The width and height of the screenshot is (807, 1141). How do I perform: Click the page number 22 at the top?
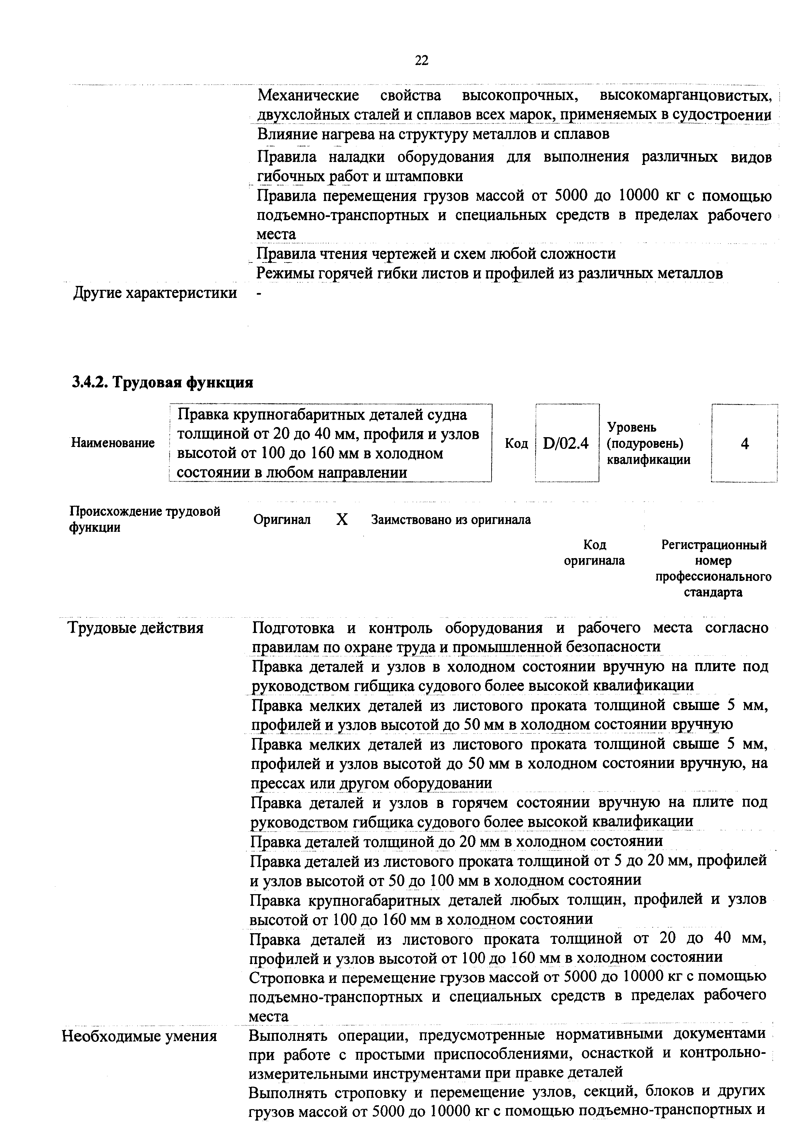421,60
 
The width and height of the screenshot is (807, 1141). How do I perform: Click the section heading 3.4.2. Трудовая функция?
162,382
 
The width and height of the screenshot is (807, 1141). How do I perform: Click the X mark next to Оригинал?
341,520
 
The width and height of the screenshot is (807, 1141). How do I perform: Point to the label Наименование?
113,443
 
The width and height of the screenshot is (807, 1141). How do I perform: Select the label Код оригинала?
594,553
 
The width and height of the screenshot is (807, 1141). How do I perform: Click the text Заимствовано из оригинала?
451,520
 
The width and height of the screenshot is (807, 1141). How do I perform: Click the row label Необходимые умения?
139,1036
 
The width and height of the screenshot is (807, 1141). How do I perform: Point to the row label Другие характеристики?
155,293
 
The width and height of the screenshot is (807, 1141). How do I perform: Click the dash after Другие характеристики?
258,294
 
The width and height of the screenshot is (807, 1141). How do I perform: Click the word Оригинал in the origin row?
282,520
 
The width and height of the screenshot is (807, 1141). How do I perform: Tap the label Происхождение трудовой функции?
144,519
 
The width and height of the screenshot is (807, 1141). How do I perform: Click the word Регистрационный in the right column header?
714,545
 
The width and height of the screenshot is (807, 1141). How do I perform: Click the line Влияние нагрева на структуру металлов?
433,134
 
